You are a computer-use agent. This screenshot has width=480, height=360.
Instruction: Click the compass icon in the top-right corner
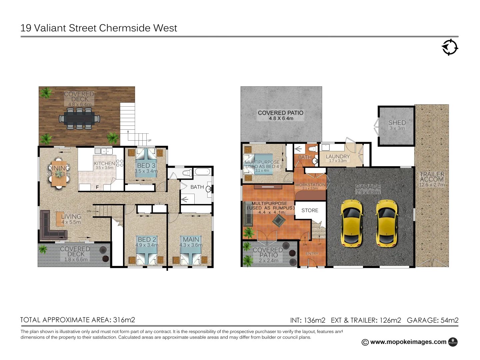pos(450,47)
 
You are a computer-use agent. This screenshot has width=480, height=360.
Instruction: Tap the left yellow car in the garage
pos(351,223)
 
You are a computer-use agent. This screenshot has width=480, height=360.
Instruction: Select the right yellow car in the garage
pos(387,223)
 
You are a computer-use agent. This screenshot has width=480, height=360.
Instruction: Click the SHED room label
pos(397,123)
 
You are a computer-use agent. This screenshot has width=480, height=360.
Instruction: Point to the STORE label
pos(310,210)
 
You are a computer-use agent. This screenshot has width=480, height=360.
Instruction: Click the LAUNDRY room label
pos(338,157)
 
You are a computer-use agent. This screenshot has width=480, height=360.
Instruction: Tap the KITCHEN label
pos(104,164)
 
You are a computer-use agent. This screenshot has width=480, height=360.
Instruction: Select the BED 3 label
pos(146,166)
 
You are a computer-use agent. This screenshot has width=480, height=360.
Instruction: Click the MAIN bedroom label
pos(191,240)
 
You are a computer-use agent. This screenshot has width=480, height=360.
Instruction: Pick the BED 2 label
pos(147,240)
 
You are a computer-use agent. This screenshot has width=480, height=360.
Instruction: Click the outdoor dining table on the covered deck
pos(79,118)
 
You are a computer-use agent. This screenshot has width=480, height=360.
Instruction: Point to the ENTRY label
pos(312,254)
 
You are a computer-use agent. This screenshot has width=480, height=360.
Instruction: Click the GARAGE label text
pos(368,187)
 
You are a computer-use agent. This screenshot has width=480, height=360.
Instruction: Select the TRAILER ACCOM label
pos(432,177)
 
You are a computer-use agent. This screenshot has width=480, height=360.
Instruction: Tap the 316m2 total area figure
pos(124,320)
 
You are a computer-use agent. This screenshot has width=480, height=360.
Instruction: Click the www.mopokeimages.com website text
pos(408,342)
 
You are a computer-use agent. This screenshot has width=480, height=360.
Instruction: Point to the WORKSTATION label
pos(310,185)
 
